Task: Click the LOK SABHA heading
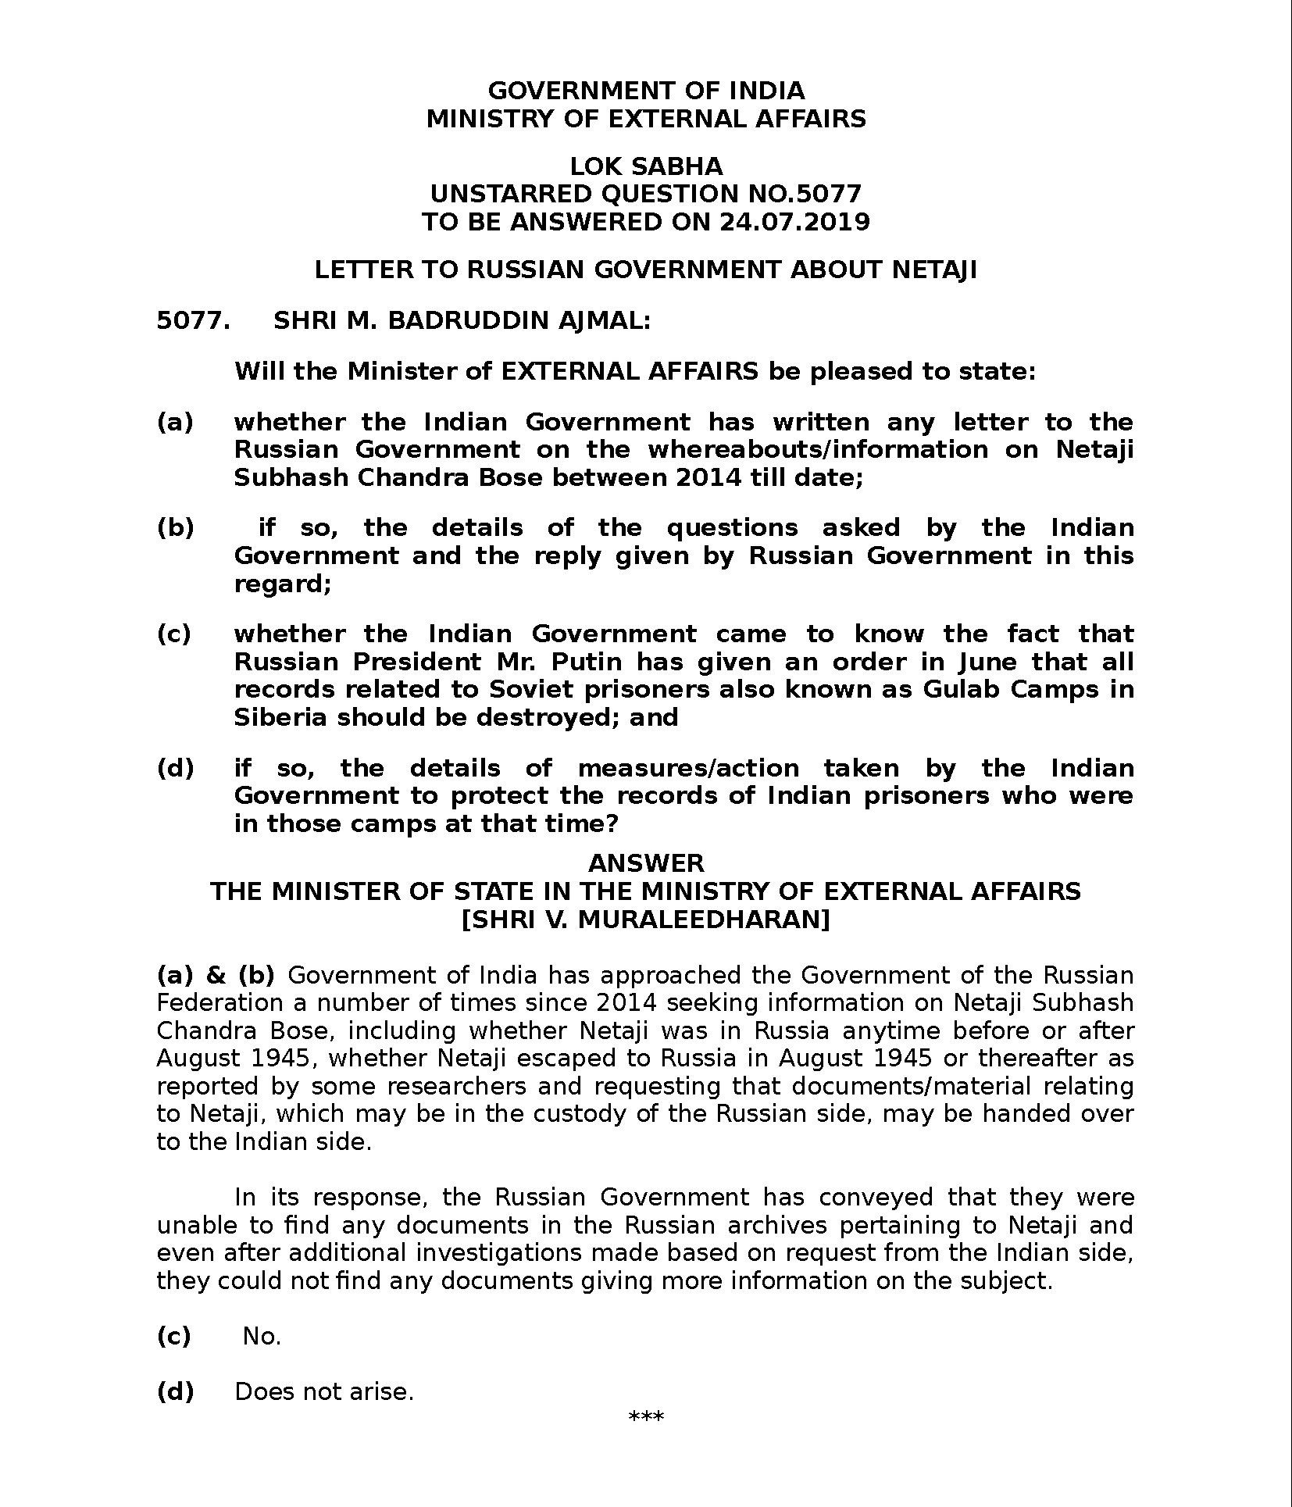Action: coord(645,166)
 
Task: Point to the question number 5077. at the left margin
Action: coord(193,321)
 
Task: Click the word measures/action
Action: coord(688,769)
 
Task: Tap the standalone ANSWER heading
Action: coord(645,863)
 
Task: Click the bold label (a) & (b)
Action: coord(216,976)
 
